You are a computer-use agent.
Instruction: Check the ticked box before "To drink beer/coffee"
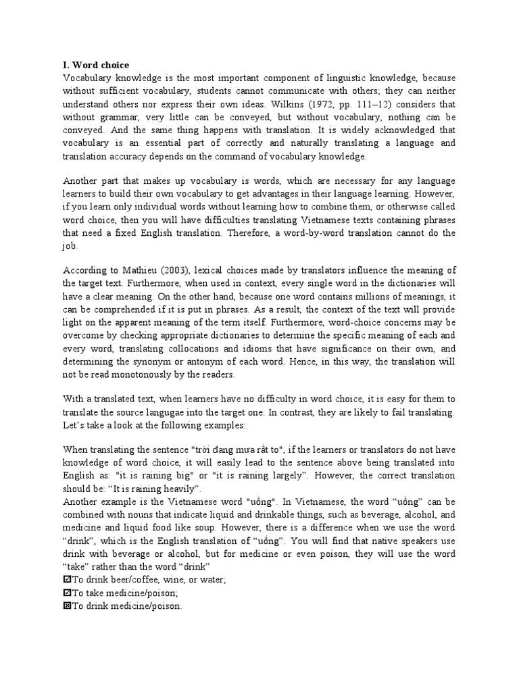click(66, 580)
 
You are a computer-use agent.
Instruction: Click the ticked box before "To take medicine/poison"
click(66, 593)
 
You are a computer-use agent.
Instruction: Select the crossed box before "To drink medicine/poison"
click(66, 605)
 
